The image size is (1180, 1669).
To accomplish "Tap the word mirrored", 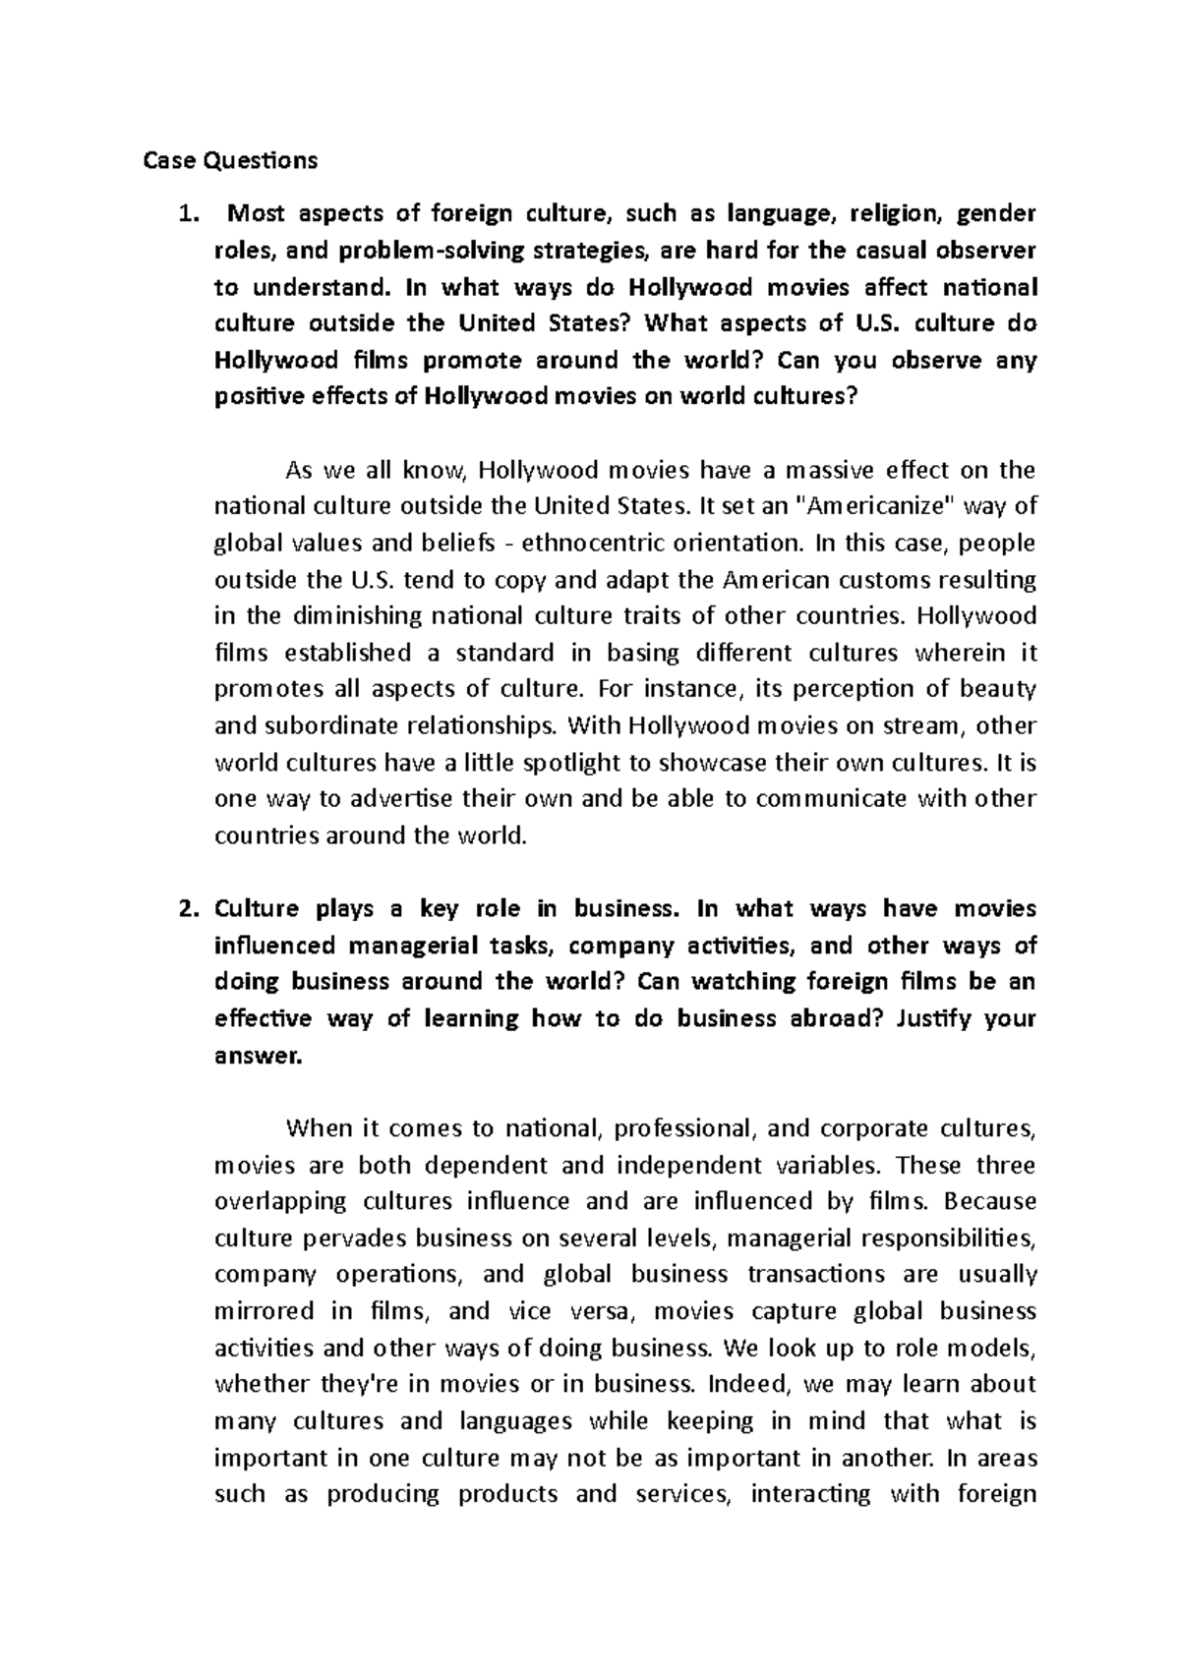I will pyautogui.click(x=264, y=1311).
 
